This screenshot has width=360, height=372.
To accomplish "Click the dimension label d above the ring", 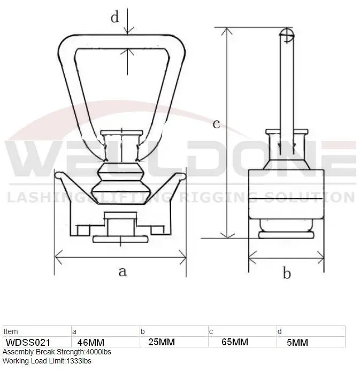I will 114,17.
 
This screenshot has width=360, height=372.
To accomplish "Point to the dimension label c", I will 217,124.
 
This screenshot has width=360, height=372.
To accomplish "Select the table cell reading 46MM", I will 91,342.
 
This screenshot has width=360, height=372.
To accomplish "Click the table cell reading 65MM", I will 235,342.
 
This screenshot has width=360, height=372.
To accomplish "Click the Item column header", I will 11,331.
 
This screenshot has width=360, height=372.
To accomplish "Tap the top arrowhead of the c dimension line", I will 229,30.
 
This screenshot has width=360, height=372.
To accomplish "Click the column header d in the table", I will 279,331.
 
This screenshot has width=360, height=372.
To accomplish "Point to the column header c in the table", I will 211,331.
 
